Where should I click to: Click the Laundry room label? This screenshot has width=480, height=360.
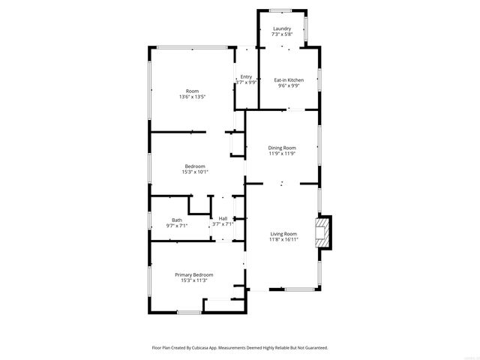(282, 28)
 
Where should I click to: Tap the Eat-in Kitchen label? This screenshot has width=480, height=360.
(288, 79)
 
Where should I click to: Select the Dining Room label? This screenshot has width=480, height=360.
(282, 148)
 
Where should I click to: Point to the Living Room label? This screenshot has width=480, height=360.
(284, 234)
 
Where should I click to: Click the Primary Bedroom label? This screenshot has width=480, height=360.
(194, 274)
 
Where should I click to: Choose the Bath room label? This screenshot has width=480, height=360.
(176, 220)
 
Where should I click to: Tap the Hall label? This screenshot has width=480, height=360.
(223, 218)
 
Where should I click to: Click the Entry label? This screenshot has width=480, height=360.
(246, 76)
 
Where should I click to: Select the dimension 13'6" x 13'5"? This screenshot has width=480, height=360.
(193, 97)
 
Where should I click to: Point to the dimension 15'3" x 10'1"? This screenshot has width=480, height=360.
(194, 172)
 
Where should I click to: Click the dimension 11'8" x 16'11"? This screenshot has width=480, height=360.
(284, 240)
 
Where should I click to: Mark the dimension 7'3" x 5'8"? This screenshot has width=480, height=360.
(282, 34)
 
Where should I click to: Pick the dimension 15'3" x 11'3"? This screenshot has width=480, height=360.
(194, 280)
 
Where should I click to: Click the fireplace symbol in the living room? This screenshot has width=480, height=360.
(322, 232)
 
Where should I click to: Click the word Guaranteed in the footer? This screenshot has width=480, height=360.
(314, 348)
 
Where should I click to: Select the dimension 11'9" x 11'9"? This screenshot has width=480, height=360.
(282, 154)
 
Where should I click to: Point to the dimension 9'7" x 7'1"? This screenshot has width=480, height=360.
(176, 225)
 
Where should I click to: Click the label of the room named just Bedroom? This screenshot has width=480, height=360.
(195, 166)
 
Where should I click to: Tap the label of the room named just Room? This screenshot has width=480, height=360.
(193, 91)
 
